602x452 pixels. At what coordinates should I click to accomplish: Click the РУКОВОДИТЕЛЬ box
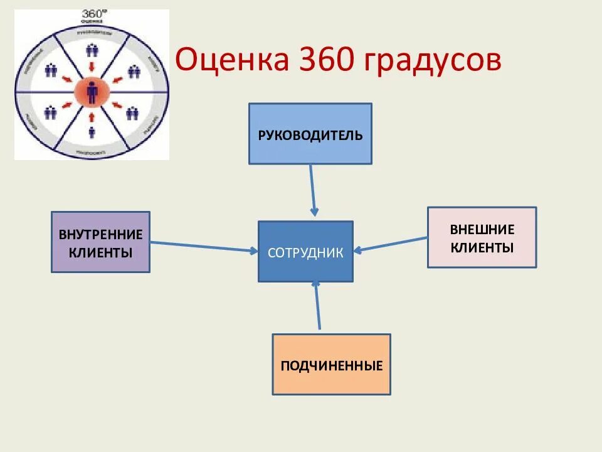tap(310, 134)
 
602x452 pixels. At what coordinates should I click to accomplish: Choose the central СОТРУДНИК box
tap(305, 252)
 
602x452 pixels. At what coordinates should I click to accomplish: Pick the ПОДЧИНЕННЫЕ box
tap(331, 365)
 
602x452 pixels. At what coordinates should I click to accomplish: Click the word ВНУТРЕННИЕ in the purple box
tap(100, 235)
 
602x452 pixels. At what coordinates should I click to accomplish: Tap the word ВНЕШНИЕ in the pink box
tap(482, 229)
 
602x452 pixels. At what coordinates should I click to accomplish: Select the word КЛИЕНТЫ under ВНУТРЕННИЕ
tap(100, 252)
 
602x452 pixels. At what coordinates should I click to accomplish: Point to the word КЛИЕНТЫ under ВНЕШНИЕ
tap(482, 247)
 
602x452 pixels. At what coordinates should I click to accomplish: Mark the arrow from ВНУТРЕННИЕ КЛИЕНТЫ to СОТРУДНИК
tap(204, 246)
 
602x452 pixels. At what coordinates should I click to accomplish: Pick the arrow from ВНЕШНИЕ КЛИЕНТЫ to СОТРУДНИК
tap(390, 244)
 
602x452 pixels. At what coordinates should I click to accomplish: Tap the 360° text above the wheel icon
tap(93, 14)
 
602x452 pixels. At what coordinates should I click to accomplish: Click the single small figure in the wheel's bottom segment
tap(92, 132)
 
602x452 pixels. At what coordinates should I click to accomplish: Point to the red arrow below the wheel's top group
tap(92, 66)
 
